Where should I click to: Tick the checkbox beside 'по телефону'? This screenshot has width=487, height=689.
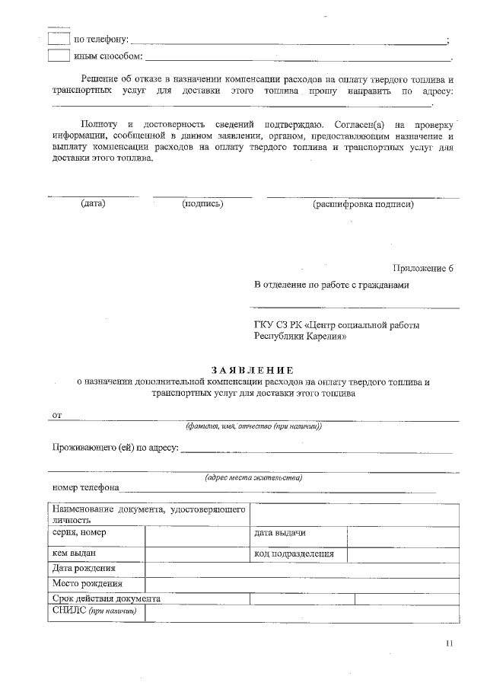[59, 39]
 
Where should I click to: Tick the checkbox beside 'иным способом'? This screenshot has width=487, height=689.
[59, 56]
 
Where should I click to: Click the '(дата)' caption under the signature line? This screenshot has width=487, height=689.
[93, 203]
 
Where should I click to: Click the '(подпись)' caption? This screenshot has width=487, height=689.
[202, 203]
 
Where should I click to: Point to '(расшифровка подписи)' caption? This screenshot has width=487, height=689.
[363, 203]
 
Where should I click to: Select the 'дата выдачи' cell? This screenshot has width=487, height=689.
[280, 533]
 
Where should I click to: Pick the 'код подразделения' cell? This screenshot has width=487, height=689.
[294, 553]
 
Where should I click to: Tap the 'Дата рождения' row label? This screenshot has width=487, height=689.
[84, 569]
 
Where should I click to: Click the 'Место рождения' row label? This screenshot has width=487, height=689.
[87, 584]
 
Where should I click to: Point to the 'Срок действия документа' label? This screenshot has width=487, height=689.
[106, 598]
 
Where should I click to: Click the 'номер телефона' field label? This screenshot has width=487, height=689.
[85, 487]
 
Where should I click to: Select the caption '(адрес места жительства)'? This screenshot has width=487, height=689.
[253, 477]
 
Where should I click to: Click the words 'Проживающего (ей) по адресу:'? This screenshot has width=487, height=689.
[114, 447]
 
